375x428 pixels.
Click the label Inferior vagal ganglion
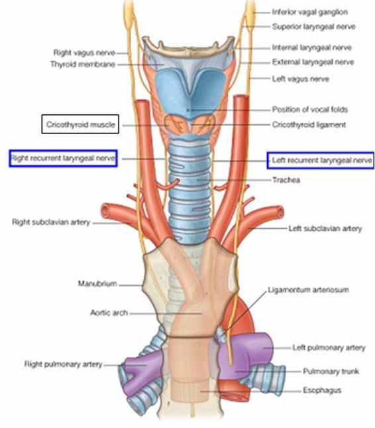coord(310,13)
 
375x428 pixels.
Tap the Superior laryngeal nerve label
coord(313,27)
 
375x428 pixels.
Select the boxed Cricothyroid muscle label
coord(80,124)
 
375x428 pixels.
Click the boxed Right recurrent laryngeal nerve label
coord(63,158)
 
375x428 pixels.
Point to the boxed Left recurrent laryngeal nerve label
coord(321,160)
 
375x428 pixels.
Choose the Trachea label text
coord(286,180)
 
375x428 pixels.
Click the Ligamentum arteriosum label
coord(308,290)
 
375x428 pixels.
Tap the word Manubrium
coord(97,283)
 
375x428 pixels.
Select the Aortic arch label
coord(109,313)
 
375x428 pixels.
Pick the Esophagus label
coord(322,390)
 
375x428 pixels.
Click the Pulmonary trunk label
coord(331,372)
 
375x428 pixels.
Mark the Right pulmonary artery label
coord(63,364)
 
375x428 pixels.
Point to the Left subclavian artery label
coord(325,228)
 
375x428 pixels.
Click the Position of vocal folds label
coord(310,109)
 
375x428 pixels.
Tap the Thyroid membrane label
coord(83,64)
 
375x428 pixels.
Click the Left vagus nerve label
coord(300,79)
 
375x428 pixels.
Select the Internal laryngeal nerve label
coord(312,48)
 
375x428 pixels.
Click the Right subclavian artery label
coord(51,222)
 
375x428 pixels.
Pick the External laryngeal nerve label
coord(313,62)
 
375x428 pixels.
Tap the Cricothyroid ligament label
coord(309,125)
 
